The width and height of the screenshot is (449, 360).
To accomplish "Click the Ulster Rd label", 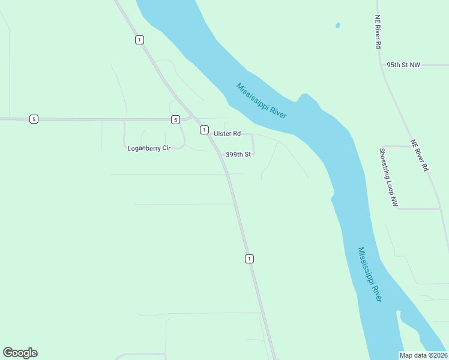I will pyautogui.click(x=227, y=133).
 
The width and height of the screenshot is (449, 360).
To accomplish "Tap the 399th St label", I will pyautogui.click(x=238, y=154).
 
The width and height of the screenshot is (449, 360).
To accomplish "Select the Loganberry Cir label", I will pyautogui.click(x=149, y=148).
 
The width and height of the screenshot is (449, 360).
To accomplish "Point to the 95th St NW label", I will pyautogui.click(x=403, y=64).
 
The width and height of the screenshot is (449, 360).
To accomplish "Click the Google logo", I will pyautogui.click(x=20, y=353).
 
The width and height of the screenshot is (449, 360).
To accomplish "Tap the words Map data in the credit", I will pyautogui.click(x=412, y=355).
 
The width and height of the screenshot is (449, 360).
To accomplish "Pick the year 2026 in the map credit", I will pyautogui.click(x=437, y=355).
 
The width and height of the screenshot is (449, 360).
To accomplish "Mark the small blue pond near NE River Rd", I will pyautogui.click(x=337, y=26).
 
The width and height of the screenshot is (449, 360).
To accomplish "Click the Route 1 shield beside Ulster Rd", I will pyautogui.click(x=204, y=130).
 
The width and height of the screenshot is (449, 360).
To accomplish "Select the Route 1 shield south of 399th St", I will pyautogui.click(x=249, y=259).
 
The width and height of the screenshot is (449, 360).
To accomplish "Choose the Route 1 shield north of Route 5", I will pyautogui.click(x=139, y=40).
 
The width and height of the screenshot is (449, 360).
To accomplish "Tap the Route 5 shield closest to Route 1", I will pyautogui.click(x=175, y=119).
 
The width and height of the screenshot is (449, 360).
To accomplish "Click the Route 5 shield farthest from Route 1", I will pyautogui.click(x=34, y=119).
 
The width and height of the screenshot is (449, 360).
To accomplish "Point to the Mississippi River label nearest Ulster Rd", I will pyautogui.click(x=262, y=100).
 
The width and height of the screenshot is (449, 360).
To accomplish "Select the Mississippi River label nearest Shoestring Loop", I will pyautogui.click(x=369, y=274).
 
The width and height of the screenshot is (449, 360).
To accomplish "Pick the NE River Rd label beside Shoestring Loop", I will pyautogui.click(x=419, y=156).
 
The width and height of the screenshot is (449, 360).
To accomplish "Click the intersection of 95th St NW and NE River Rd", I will pyautogui.click(x=383, y=65).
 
